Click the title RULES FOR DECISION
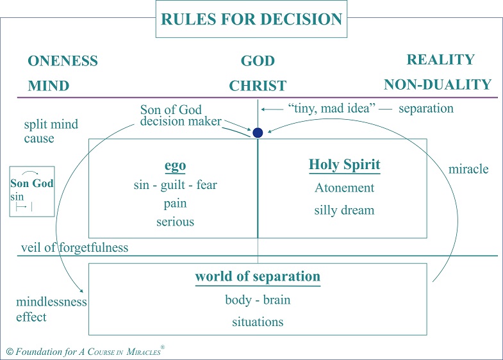pos(252,19)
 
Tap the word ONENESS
pos(63,61)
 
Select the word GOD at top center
pos(258,62)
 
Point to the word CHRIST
pos(258,85)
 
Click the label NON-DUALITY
pos(438,85)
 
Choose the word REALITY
pos(441,60)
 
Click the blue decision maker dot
pos(258,133)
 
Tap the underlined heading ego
pos(175,165)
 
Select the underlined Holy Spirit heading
pos(345,165)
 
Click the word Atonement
pos(345,188)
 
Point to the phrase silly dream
pos(345,211)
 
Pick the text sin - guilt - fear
pos(175,185)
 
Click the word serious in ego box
pos(175,222)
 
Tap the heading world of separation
pos(258,277)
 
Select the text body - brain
pos(258,300)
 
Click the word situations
pos(258,322)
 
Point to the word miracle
pos(469,169)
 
